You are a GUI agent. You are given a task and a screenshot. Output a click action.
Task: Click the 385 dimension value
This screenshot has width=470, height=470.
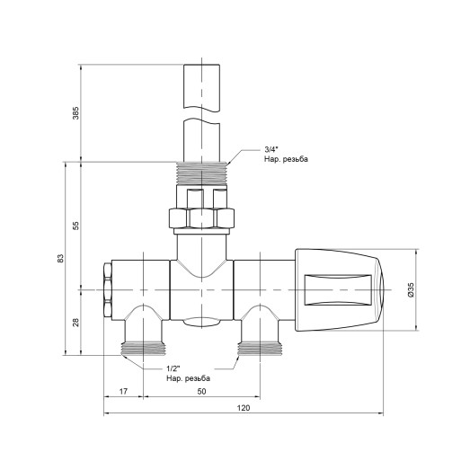coord(76,113)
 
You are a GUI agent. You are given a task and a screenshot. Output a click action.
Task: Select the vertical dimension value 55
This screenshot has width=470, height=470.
coord(76,226)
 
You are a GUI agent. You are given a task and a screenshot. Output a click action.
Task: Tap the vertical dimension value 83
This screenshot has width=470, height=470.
coord(60,258)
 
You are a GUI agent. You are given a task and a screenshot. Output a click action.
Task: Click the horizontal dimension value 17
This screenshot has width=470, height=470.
coord(122,392)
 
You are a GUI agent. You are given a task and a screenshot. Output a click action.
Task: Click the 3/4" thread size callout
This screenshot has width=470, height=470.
coord(272,149)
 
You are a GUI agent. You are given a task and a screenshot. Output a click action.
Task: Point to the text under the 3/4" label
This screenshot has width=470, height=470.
coord(286,159)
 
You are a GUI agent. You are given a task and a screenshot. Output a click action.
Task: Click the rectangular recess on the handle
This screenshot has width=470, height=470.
coord(338,290)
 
